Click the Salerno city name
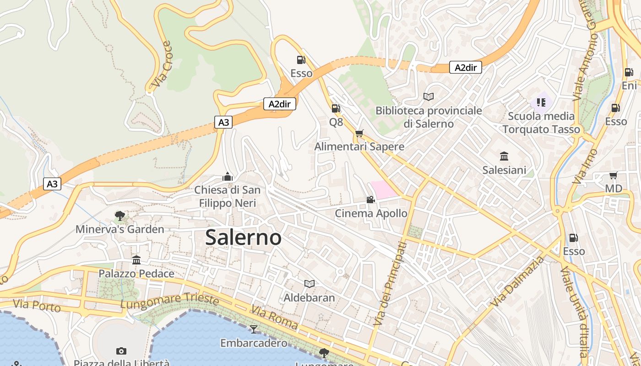click(x=243, y=237)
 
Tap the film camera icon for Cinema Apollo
click(x=370, y=200)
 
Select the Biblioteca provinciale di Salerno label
click(x=429, y=117)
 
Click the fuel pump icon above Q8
click(x=336, y=108)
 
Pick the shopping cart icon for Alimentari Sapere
click(x=359, y=133)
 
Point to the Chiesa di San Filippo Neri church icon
click(x=227, y=177)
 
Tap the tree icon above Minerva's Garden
click(x=120, y=215)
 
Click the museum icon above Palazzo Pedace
click(x=136, y=260)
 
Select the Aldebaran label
click(x=309, y=297)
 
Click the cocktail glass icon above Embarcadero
click(x=253, y=329)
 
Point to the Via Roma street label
click(x=275, y=319)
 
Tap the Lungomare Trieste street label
click(x=169, y=301)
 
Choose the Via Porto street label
click(x=37, y=305)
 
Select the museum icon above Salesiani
click(x=504, y=156)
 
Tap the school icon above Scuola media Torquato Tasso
click(x=541, y=102)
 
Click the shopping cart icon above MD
click(x=614, y=175)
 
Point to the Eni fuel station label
click(x=630, y=86)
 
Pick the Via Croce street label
click(x=162, y=65)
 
